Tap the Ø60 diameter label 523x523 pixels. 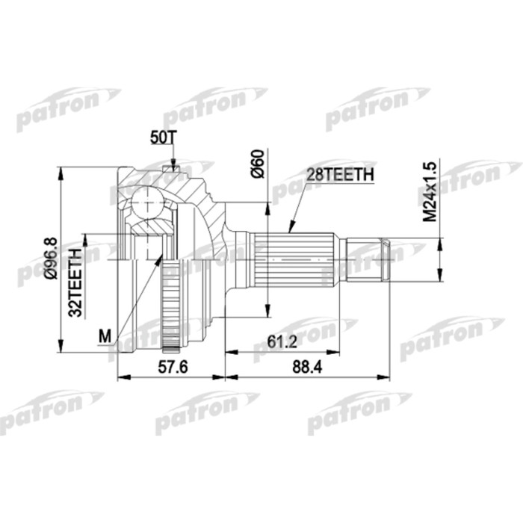click(x=258, y=164)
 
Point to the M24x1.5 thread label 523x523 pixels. click(x=429, y=191)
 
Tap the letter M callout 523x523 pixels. click(x=105, y=337)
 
